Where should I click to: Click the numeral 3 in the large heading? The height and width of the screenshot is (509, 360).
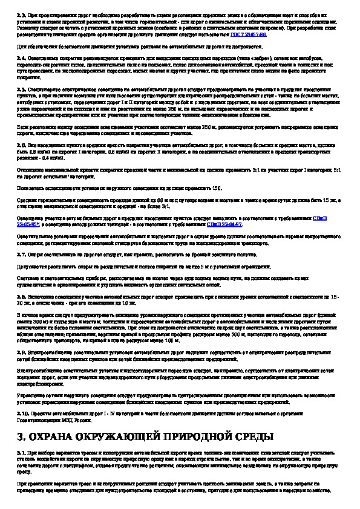click(x=22, y=436)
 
